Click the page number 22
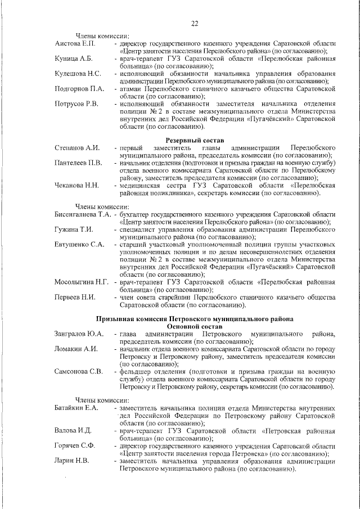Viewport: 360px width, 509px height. point(195,23)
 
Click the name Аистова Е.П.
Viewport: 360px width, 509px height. point(76,43)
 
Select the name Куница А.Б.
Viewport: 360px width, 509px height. point(74,58)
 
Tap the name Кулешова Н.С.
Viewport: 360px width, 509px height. point(78,74)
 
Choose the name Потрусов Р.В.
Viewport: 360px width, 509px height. point(76,104)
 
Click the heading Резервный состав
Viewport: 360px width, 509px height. point(195,139)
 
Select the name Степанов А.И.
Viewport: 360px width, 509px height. point(77,147)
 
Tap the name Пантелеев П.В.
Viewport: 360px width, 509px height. point(78,163)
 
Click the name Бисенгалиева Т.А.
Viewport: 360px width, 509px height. point(82,215)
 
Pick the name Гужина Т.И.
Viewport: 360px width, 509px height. point(74,230)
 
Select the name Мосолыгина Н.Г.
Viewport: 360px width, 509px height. point(82,282)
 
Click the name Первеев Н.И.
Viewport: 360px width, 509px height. point(75,298)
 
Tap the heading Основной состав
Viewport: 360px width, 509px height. point(195,326)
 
